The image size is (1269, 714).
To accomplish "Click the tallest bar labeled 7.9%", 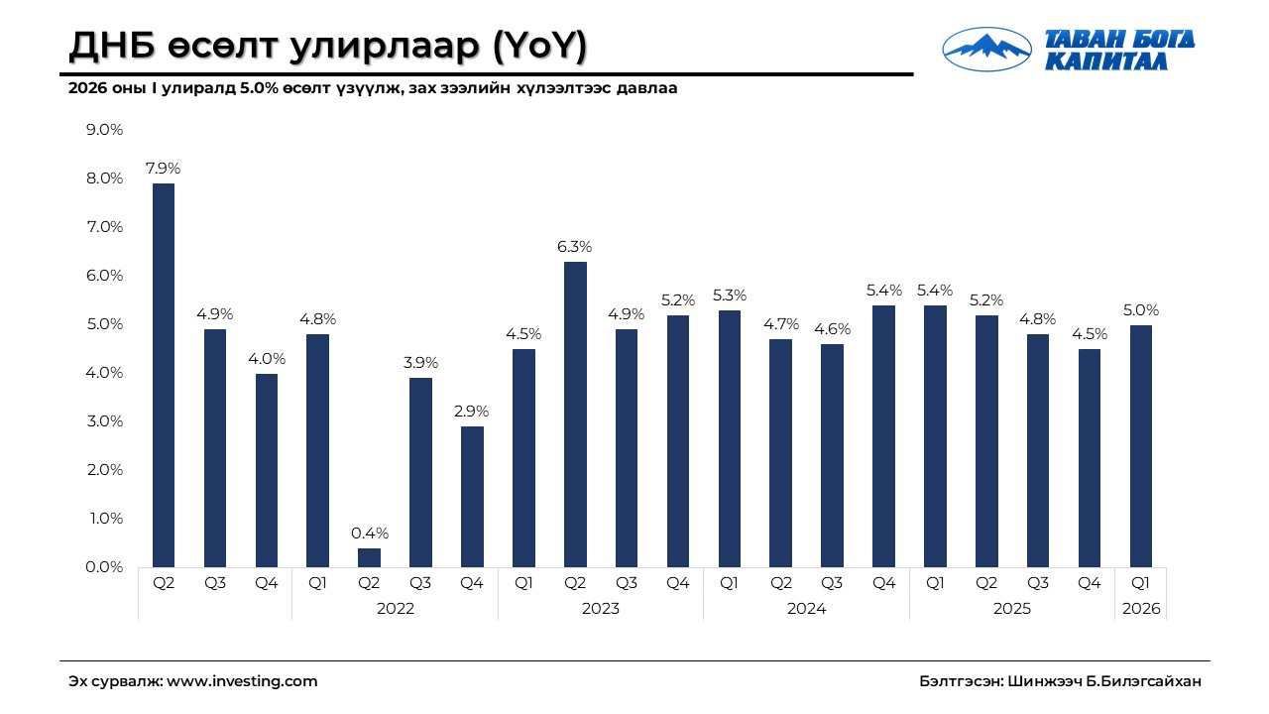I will click(164, 375).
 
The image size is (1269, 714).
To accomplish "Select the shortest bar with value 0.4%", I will click(369, 557).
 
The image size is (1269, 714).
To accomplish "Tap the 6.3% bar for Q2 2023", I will click(575, 415).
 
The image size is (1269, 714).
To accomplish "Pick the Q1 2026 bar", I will click(1140, 446).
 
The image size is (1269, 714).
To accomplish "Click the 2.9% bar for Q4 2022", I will click(472, 496).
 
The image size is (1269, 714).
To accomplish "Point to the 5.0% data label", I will click(1140, 310).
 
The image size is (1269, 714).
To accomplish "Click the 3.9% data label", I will click(420, 363).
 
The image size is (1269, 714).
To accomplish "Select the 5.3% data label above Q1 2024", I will click(729, 296).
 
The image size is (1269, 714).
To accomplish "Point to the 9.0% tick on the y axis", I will click(103, 130).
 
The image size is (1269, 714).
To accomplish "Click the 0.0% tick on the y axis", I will click(103, 567).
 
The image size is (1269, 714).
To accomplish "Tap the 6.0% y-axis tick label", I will click(103, 276).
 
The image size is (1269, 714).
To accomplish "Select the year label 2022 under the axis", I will click(395, 609).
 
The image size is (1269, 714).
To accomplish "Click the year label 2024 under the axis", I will click(806, 609).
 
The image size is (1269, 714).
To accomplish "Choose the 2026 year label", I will click(1140, 609).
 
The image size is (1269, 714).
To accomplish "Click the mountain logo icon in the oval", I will click(986, 48).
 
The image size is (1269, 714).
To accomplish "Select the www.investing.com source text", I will click(242, 681).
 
